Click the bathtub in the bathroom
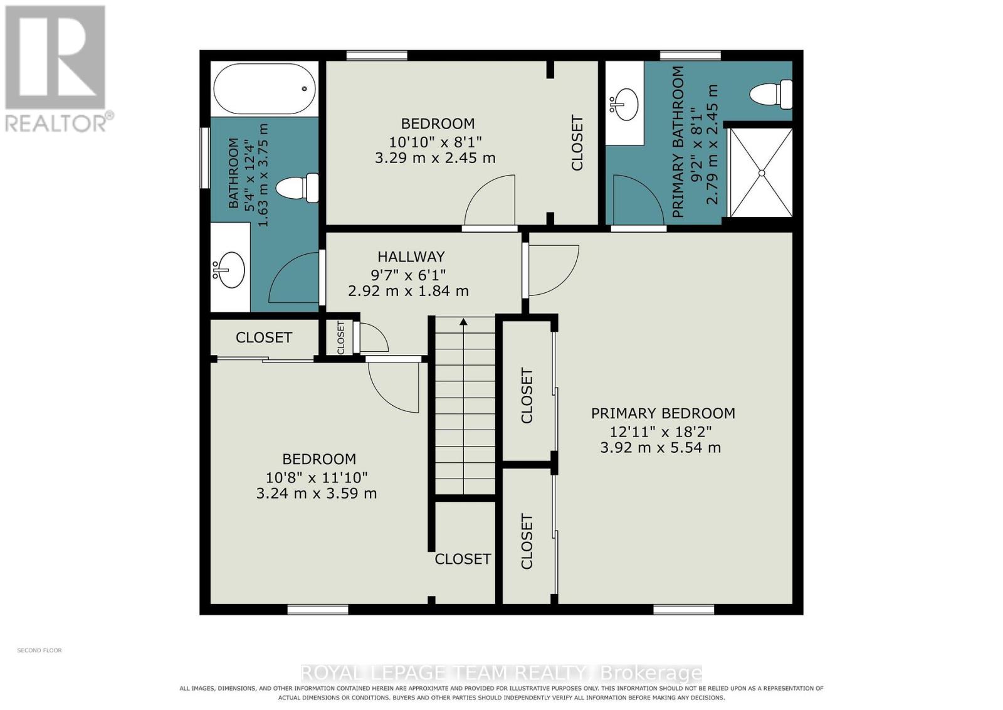pyautogui.click(x=265, y=88)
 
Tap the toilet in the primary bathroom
pyautogui.click(x=770, y=95)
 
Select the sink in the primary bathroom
pyautogui.click(x=624, y=104)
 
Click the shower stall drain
pyautogui.click(x=761, y=173)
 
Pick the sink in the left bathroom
pyautogui.click(x=229, y=270)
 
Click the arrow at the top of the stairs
pyautogui.click(x=463, y=321)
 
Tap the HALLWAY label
pyautogui.click(x=411, y=257)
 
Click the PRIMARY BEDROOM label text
pyautogui.click(x=663, y=413)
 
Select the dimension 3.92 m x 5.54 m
pyautogui.click(x=661, y=447)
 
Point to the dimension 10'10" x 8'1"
pyautogui.click(x=435, y=142)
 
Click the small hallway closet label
pyautogui.click(x=341, y=338)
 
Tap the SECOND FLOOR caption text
pyautogui.click(x=39, y=650)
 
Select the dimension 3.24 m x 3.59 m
pyautogui.click(x=316, y=494)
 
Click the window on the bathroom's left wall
pyautogui.click(x=205, y=158)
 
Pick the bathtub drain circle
pyautogui.click(x=305, y=88)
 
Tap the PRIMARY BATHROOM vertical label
pyautogui.click(x=678, y=142)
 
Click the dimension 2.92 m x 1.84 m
pyautogui.click(x=408, y=291)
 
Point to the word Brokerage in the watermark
pyautogui.click(x=651, y=673)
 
